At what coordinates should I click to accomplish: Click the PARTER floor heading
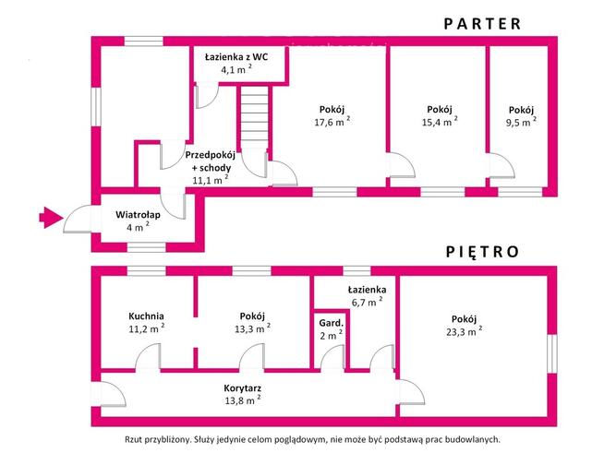point(482,24)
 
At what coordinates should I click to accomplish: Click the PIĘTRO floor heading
point(482,251)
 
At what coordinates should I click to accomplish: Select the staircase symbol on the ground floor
point(253,119)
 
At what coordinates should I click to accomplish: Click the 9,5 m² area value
point(521,121)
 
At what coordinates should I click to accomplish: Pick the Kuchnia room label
point(146,315)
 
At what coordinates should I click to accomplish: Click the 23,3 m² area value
point(465,329)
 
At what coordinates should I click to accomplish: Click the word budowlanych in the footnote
point(469,440)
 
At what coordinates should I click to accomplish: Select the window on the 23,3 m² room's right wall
point(553,352)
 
